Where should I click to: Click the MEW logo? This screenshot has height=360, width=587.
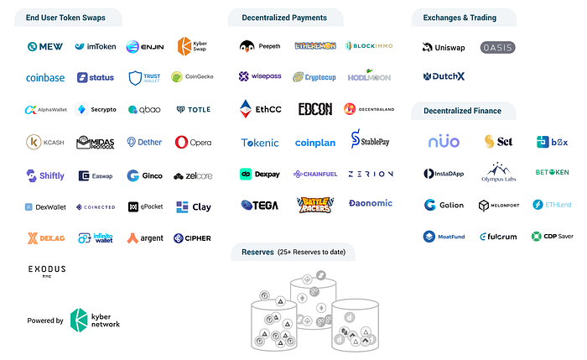[45, 46]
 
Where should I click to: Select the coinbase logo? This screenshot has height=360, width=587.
[45, 78]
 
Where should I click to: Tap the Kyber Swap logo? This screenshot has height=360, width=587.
[192, 46]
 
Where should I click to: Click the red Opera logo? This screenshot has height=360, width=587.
[193, 143]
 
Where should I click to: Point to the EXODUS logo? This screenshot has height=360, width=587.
[46, 271]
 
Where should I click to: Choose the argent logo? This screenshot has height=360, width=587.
[145, 238]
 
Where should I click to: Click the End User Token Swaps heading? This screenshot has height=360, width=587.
[65, 18]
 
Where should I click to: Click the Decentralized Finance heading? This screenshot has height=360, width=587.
[463, 111]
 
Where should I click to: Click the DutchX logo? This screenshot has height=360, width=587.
[444, 77]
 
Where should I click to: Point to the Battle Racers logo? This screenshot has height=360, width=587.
[314, 205]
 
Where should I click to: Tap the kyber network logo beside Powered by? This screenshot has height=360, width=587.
[94, 319]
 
